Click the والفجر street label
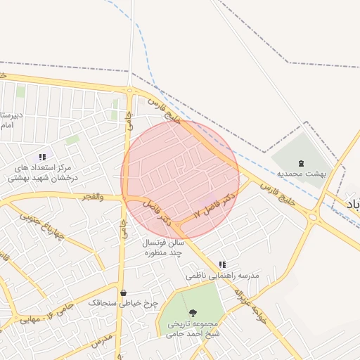[91, 197]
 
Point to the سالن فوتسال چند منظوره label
[164, 247]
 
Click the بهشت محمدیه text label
[302, 172]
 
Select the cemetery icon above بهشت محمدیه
[302, 162]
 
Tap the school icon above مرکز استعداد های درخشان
[42, 157]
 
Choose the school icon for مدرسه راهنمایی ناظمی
[222, 264]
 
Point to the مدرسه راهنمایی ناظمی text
[222, 276]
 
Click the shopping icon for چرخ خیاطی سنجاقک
[124, 292]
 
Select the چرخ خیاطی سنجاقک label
[124, 303]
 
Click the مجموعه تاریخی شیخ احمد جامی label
[193, 328]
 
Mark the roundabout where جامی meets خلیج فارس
[130, 89]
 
